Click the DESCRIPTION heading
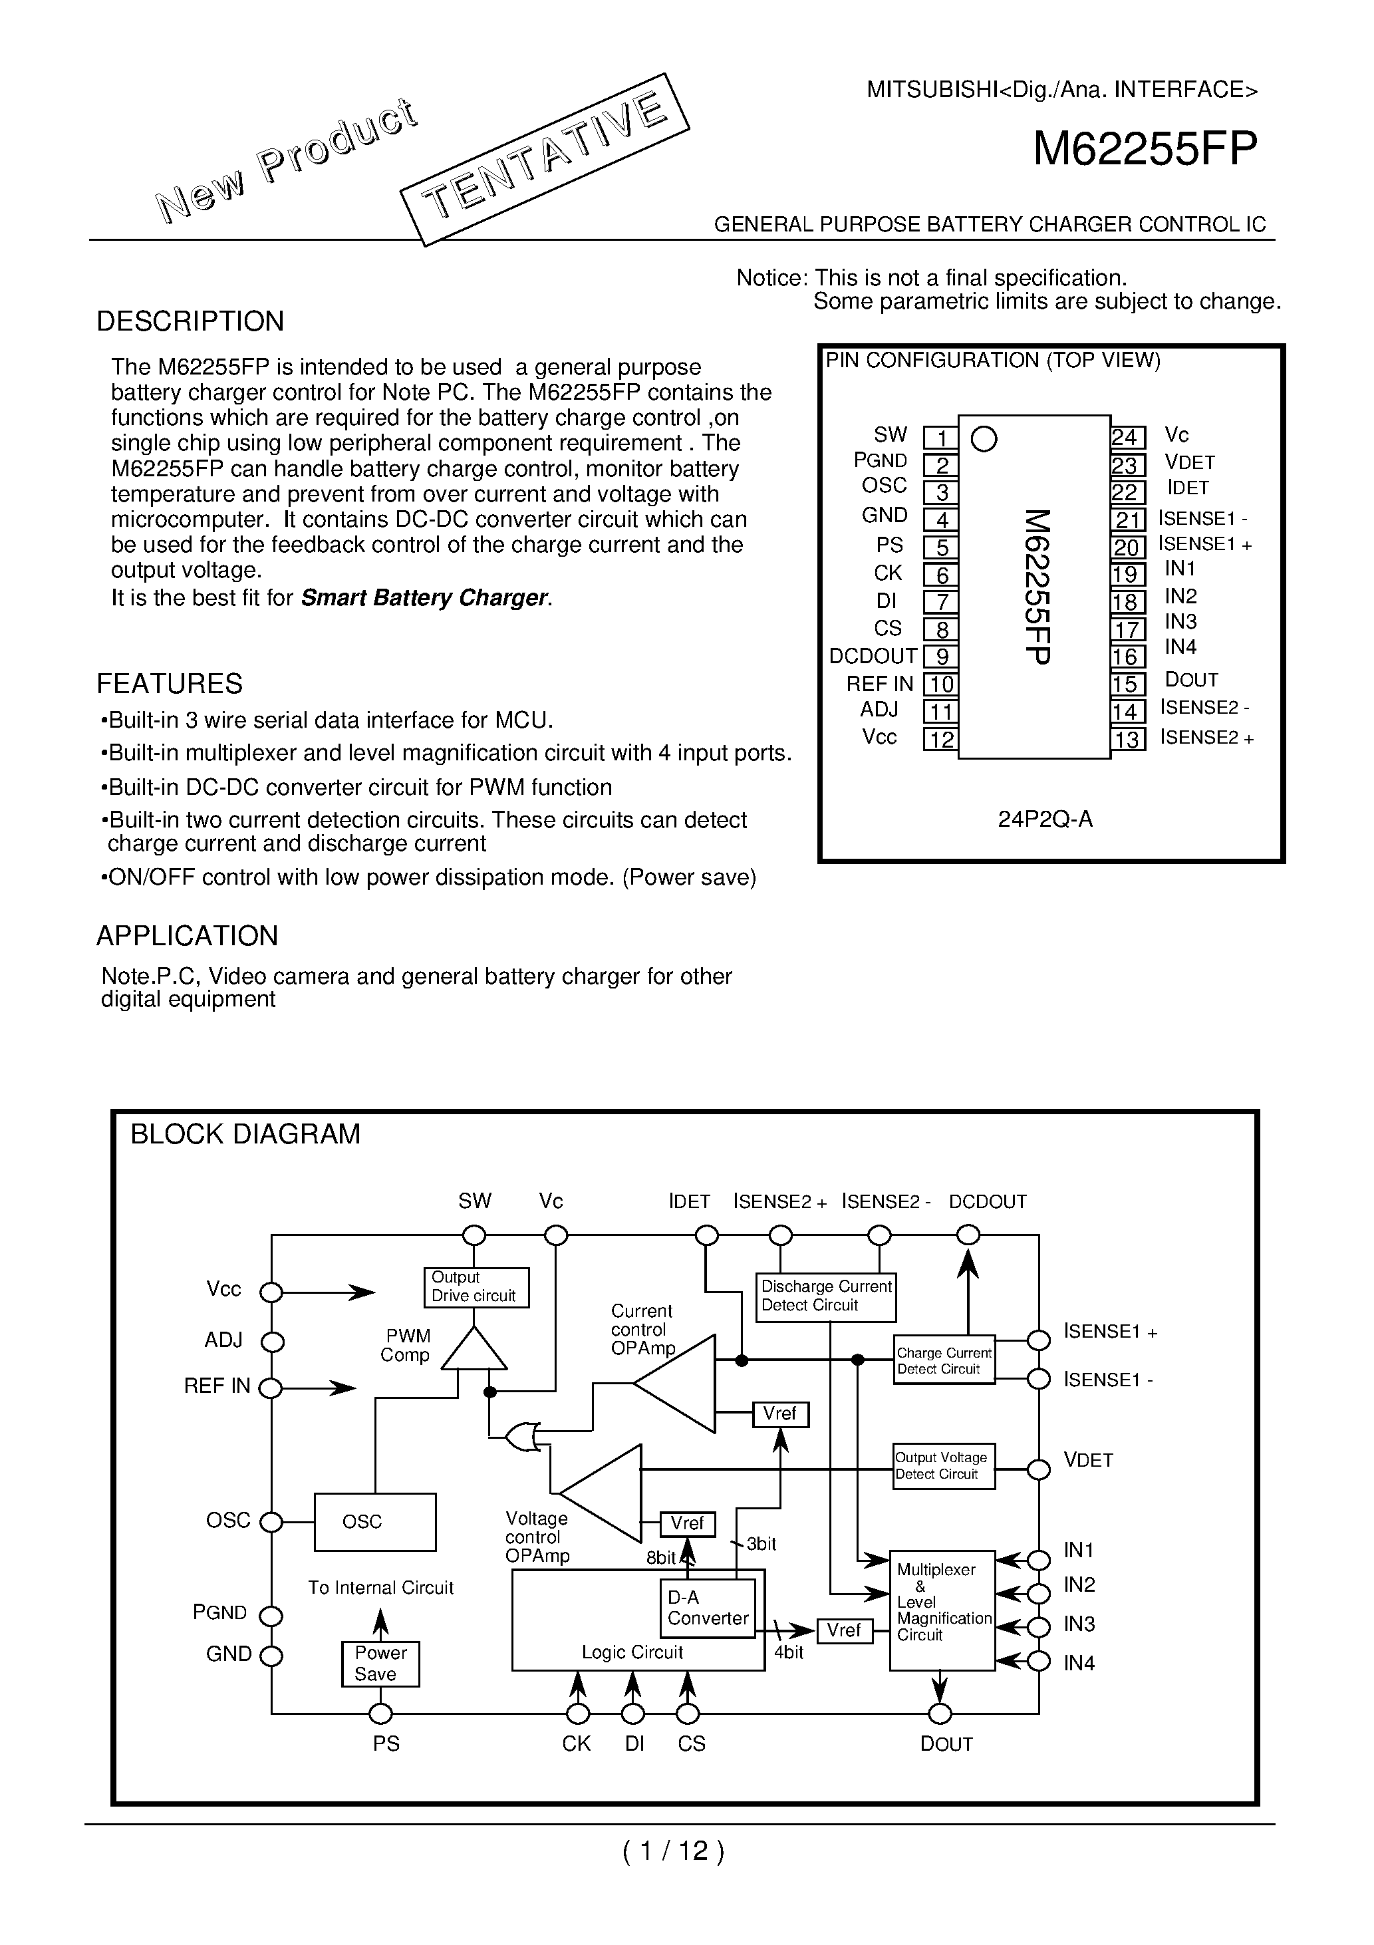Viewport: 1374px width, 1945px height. (190, 321)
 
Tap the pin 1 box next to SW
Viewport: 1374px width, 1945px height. (940, 438)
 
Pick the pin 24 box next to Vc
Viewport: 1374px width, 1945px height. (1127, 437)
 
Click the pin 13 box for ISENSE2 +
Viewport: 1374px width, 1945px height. (1127, 740)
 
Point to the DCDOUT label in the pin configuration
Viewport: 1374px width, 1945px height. (873, 657)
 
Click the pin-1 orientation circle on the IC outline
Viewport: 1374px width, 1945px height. (984, 439)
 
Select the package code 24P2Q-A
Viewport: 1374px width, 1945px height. (1045, 819)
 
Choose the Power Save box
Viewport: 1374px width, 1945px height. (380, 1664)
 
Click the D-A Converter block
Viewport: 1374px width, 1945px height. (708, 1608)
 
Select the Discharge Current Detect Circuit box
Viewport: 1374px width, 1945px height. (825, 1296)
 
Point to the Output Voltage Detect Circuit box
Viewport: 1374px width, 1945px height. (944, 1466)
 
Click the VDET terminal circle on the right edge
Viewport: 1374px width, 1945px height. (1039, 1470)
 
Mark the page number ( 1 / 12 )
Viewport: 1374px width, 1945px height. (674, 1851)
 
